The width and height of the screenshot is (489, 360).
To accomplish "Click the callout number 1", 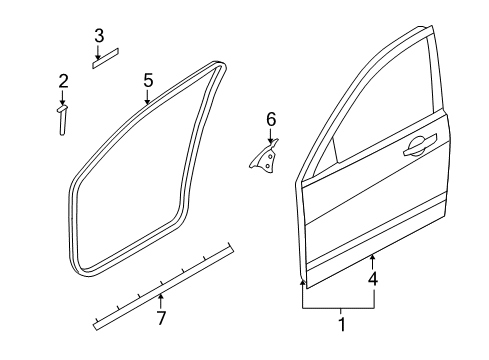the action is pos(342,324).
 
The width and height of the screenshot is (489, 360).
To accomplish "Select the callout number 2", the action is pos(63,81).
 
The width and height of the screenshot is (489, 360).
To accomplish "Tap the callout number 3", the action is pos(99,36).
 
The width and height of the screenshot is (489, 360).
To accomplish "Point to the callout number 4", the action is pos(373,279).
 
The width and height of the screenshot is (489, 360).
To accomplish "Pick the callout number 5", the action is pos(148,81).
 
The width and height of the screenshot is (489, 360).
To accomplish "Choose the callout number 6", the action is pos(271,119).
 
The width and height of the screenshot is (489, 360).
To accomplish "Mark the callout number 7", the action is pos(161,318).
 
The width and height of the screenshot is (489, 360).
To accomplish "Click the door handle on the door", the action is pos(420,146).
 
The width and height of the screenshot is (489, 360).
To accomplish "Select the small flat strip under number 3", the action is pos(106,59).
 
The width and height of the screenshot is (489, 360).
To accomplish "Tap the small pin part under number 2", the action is pos(62,121).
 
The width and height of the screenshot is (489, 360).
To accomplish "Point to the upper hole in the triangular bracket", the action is pos(270,156).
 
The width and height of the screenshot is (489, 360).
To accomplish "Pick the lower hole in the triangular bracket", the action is pos(268,166).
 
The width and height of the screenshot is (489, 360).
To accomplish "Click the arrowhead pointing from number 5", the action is pos(147,102).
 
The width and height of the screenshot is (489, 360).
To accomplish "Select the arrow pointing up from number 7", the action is pos(161,301).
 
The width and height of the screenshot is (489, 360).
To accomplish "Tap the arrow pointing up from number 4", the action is pos(372,262).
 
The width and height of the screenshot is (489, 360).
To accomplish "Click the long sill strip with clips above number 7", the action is pos(163,286).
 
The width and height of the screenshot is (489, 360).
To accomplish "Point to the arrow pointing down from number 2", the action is pos(62,98).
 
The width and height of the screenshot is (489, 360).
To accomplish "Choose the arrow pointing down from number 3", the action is pos(98,52).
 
